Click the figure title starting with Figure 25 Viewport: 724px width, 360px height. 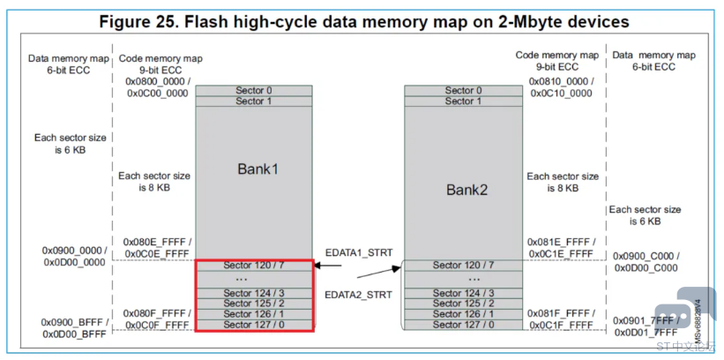coord(362,20)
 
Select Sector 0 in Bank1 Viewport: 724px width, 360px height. coord(253,90)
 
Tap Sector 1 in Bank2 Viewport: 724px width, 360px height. coord(463,101)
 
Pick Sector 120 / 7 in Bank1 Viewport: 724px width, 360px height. coord(253,265)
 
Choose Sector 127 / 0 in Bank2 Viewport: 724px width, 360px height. coord(463,325)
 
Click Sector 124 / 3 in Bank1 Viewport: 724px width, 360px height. coord(253,293)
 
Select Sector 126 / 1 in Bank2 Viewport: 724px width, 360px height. coord(463,313)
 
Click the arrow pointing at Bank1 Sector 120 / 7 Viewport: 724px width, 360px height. coord(331,265)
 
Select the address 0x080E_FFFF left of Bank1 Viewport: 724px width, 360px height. coord(160,243)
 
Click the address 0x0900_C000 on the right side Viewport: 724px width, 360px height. coord(646,256)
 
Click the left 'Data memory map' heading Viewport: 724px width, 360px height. coord(69,59)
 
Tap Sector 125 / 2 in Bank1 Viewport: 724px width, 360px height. coord(253,304)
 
